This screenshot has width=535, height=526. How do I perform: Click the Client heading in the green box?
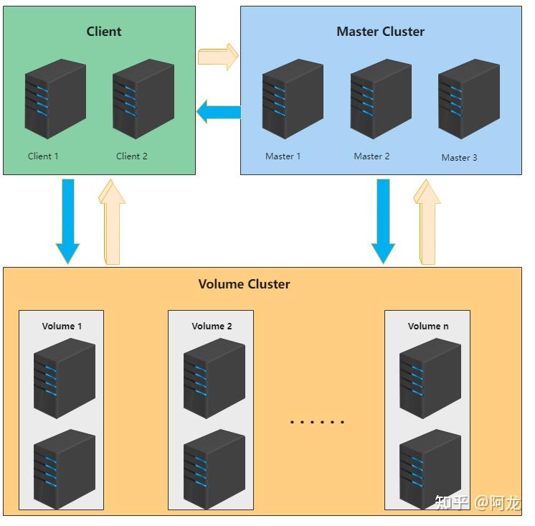pos(104,32)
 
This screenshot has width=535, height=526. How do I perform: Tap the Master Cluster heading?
pos(380,32)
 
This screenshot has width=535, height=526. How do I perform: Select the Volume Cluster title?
pos(244,284)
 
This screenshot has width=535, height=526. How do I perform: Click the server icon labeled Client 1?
pos(55,99)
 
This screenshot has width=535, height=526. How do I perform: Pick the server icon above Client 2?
pos(143,99)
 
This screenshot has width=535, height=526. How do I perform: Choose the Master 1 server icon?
pos(293,99)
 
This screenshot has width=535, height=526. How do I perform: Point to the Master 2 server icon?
pos(381,99)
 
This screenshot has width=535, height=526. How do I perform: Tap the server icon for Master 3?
pos(469,99)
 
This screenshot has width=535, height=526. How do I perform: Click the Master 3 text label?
pos(459,158)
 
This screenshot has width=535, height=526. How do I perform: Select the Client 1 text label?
pos(43,156)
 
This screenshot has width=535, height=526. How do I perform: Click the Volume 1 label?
pos(62,327)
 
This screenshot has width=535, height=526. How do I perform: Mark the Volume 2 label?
pos(212,327)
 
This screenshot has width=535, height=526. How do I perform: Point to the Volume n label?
pos(428,327)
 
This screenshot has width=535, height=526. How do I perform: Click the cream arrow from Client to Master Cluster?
pos(218,57)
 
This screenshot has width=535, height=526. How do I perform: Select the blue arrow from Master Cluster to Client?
pos(219,112)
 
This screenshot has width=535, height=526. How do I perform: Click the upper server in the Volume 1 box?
pos(65,377)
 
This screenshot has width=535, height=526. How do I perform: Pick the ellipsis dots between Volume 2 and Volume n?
pos(317,422)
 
